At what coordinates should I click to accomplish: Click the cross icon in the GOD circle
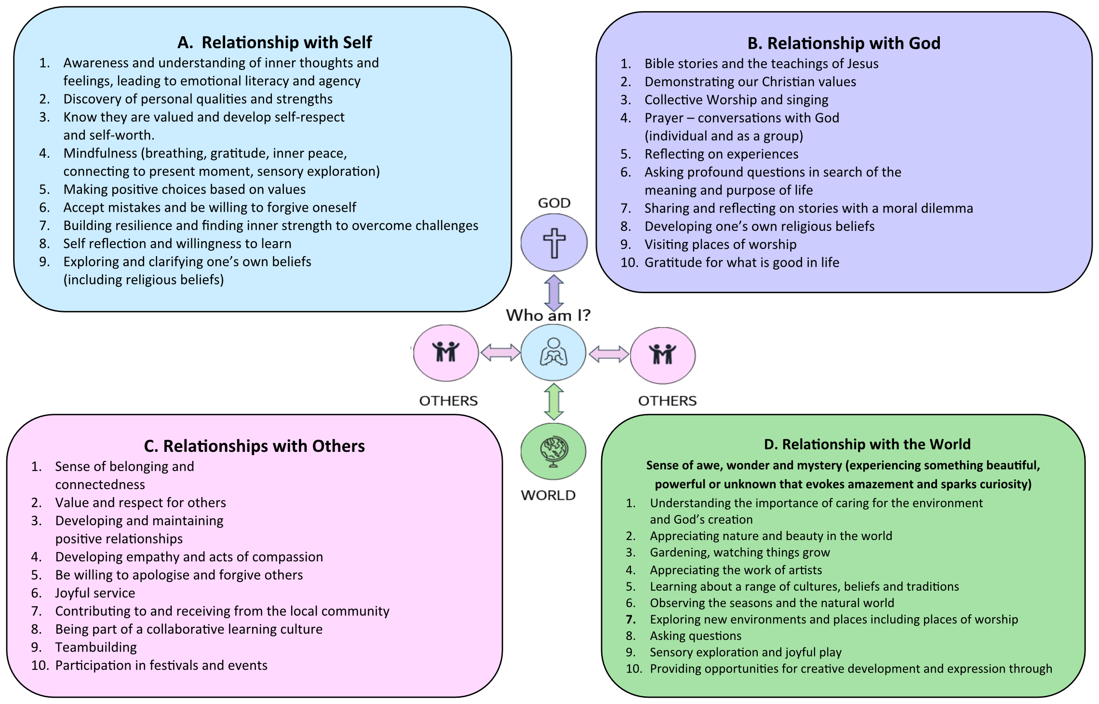pos(554,243)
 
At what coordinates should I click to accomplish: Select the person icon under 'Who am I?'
pos(553,352)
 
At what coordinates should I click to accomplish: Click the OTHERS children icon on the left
pos(446,352)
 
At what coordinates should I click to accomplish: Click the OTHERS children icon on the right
pos(663,354)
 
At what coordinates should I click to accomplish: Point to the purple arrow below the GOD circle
pos(554,293)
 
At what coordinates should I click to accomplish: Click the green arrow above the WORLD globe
pos(554,401)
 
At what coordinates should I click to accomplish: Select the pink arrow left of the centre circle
pos(500,352)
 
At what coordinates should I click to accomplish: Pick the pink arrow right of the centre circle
pos(609,354)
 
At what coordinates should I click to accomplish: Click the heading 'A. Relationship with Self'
pos(274,42)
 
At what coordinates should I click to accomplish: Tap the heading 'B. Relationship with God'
pos(844,43)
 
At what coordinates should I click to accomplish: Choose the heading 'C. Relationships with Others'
pos(254,446)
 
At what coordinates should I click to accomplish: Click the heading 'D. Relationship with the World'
pos(867,444)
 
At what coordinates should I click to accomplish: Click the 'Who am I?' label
pos(548,315)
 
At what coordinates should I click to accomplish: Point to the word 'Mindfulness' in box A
pos(100,153)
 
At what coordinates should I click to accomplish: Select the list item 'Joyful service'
pos(95,593)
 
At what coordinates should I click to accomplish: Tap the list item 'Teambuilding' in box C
pos(96,647)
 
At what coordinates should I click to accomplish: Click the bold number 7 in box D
pos(630,620)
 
